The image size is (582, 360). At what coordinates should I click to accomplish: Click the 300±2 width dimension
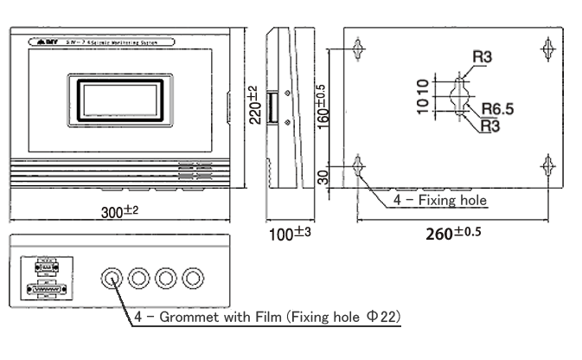[118, 214]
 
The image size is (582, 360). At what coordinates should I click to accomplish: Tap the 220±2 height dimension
[255, 106]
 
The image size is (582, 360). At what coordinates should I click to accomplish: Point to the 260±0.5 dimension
[454, 232]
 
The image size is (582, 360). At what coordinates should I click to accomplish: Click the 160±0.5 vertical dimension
[321, 106]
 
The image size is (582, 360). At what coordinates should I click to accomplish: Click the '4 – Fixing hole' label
[440, 200]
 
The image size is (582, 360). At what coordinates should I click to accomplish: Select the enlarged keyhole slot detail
[459, 97]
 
